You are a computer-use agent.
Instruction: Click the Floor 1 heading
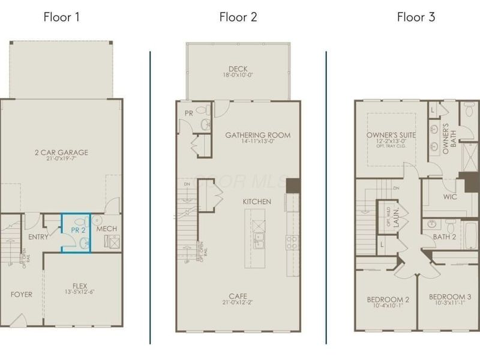point(61,17)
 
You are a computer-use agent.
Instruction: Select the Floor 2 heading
point(238,17)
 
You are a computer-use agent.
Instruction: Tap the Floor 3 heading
point(415,17)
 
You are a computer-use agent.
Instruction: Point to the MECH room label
point(106,229)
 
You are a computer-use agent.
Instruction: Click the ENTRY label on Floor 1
point(38,237)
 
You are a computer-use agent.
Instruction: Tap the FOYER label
point(21,294)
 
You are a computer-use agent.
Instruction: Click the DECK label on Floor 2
point(238,68)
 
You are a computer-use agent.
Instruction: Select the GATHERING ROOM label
point(257,135)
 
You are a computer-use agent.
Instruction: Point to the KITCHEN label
point(257,201)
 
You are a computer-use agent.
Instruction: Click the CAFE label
point(238,296)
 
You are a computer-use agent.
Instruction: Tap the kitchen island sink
point(259,242)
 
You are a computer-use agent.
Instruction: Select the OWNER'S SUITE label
point(391,135)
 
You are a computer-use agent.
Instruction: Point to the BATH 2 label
point(444,237)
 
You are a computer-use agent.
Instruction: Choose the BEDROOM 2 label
point(388,299)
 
